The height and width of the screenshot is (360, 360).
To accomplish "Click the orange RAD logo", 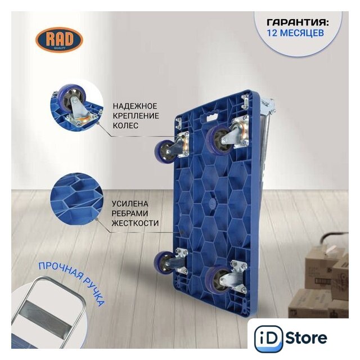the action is pos(59,40).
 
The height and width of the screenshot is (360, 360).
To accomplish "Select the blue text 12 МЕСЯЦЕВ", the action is pos(295,33).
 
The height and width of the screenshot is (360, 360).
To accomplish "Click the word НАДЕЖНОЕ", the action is pos(135,106).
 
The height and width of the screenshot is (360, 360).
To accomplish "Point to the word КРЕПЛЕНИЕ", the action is pos(136,116).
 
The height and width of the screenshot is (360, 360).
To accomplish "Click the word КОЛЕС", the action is pos(125,125).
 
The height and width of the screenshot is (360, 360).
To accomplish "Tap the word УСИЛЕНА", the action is pos(130,204).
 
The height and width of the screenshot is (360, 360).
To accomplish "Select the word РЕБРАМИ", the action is pos(130,213).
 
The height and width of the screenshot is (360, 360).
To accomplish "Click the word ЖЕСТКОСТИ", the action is pos(135,223).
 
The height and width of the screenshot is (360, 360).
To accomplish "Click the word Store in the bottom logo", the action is pos(307,337).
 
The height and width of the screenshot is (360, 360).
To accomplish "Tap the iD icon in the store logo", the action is pos(268,338).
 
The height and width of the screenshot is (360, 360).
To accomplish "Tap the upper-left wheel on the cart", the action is pos(164,152).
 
